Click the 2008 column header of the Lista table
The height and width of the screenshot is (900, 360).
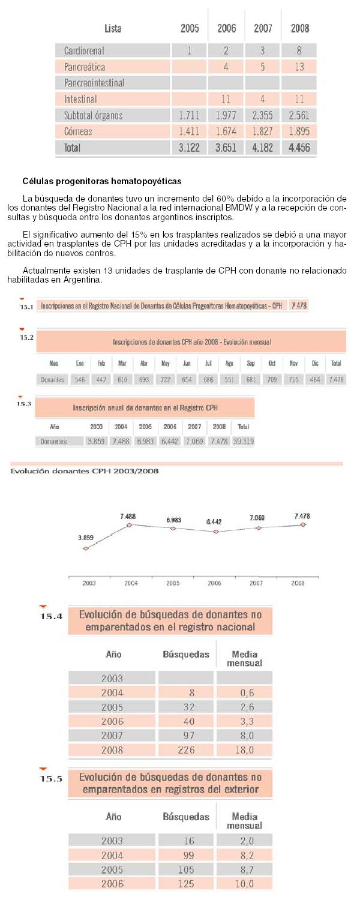300,28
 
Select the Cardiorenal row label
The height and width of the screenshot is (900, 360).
84,50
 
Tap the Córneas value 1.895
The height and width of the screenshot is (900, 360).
299,131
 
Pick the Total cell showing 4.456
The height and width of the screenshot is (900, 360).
299,148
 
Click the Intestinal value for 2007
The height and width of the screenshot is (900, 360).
262,99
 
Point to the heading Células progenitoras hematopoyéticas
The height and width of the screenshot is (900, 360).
101,181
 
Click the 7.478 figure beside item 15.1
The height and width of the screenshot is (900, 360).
299,305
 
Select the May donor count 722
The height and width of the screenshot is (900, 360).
166,379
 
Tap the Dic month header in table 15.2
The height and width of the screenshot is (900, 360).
315,363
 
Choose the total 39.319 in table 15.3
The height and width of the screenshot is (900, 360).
244,441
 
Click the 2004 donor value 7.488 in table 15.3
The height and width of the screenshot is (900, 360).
121,441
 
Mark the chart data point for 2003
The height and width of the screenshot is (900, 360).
86,548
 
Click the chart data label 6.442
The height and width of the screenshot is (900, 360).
214,521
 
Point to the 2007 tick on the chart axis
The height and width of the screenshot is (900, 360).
256,583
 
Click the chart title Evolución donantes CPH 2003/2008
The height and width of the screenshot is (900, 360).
85,471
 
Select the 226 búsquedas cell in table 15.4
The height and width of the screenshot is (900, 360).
187,750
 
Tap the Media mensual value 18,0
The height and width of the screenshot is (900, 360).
245,750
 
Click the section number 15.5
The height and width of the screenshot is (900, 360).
51,779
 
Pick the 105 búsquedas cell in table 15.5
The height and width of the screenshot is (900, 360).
186,869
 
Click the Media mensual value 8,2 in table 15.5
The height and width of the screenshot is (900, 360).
247,856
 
